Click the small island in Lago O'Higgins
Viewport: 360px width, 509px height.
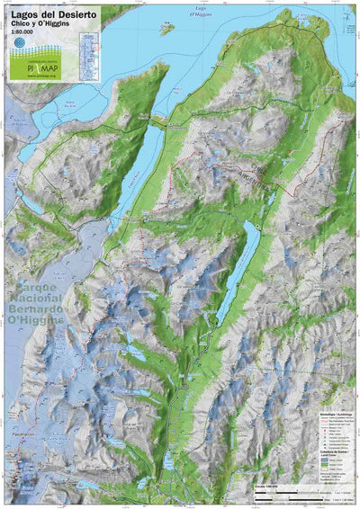tap(166, 28)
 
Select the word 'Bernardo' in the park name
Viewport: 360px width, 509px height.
tap(38, 310)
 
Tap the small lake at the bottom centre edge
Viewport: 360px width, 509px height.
tap(168, 464)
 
